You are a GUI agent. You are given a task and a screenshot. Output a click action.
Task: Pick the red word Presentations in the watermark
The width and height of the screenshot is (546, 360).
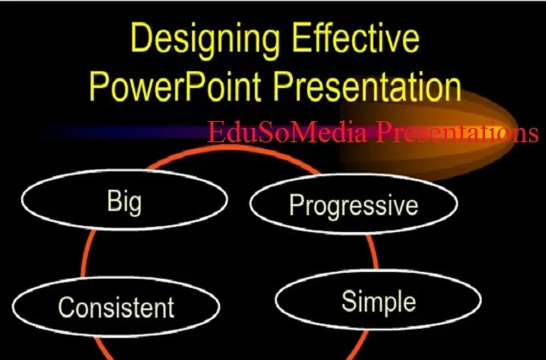457,133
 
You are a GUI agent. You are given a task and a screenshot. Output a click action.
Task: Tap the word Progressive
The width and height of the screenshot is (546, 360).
353,206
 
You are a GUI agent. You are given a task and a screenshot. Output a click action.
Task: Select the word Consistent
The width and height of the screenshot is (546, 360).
115,307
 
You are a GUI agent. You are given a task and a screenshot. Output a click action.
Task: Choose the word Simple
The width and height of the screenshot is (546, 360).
378,301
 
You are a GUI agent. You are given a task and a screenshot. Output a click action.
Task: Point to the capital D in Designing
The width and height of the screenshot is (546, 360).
142,41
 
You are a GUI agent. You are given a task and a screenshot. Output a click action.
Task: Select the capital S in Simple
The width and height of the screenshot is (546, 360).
349,301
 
